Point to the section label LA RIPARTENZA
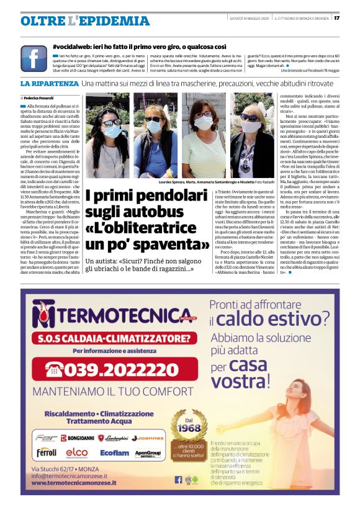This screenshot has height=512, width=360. click(x=48, y=83)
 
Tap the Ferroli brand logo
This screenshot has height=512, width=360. click(x=47, y=452)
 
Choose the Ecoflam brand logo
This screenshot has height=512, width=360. click(x=114, y=453)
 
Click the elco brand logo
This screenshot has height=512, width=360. click(x=77, y=452)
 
